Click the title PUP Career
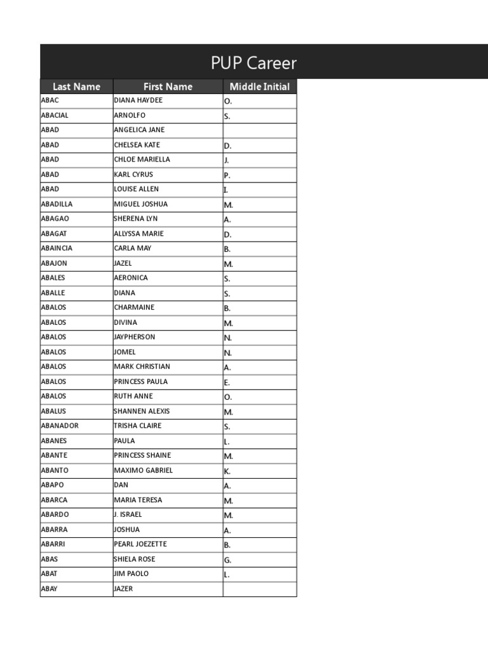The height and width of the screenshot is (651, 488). tap(254, 64)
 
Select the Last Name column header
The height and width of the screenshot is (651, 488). tap(76, 86)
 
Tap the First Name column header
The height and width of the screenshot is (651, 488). tap(168, 86)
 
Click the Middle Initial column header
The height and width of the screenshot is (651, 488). tap(259, 86)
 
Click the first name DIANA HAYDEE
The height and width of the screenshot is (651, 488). tap(138, 100)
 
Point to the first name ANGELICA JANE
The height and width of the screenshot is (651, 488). tap(139, 130)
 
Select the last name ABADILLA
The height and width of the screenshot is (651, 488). tap(57, 204)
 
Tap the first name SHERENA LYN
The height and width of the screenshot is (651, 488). tap(135, 219)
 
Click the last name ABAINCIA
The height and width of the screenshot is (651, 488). tap(57, 249)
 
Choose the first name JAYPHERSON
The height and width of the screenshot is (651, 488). tap(134, 337)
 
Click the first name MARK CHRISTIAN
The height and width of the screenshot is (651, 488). tap(142, 367)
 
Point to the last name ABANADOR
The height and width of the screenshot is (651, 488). tap(60, 426)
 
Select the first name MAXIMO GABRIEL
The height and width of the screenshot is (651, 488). tap(143, 470)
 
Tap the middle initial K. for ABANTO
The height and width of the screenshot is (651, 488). tap(227, 471)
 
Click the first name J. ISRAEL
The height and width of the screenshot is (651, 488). tap(128, 515)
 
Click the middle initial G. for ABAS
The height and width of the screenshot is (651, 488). tap(227, 560)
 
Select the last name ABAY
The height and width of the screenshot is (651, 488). tap(49, 589)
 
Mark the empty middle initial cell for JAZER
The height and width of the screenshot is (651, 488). tap(259, 589)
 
